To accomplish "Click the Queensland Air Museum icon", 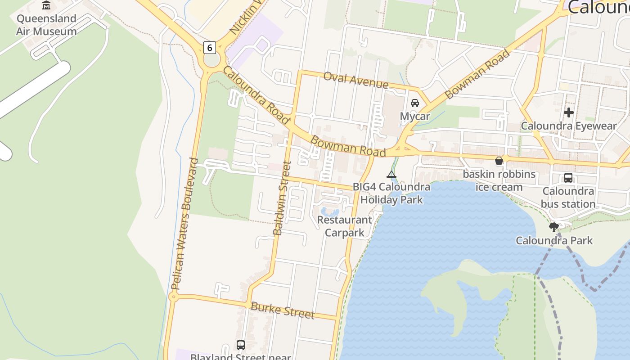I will pos(46,5).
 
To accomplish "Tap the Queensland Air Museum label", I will pos(46,25).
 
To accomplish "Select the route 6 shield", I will pos(209,47).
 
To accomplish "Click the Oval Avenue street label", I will pos(356,80).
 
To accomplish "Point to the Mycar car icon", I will pos(415,103).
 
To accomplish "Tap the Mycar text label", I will pos(415,117).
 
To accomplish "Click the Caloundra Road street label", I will pos(256,95).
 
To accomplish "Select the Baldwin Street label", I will pos(283,198).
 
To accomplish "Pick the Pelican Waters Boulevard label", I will pos(184,224).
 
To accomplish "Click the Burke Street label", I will pos(282,310).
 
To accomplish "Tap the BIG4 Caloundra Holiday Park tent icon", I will pos(391,174).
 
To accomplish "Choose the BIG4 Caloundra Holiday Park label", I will pos(391,193).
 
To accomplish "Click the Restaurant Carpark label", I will pos(345,226).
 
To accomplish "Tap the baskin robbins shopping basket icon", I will pos(499,161).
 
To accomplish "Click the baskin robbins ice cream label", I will pos(499,180).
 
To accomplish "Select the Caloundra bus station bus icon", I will pos(568,178).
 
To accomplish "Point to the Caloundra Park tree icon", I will pos(554,227).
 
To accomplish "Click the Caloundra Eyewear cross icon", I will pos(569,112).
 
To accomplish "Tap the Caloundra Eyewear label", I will pos(568,126).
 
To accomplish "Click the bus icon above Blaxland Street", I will pos(241,345).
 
